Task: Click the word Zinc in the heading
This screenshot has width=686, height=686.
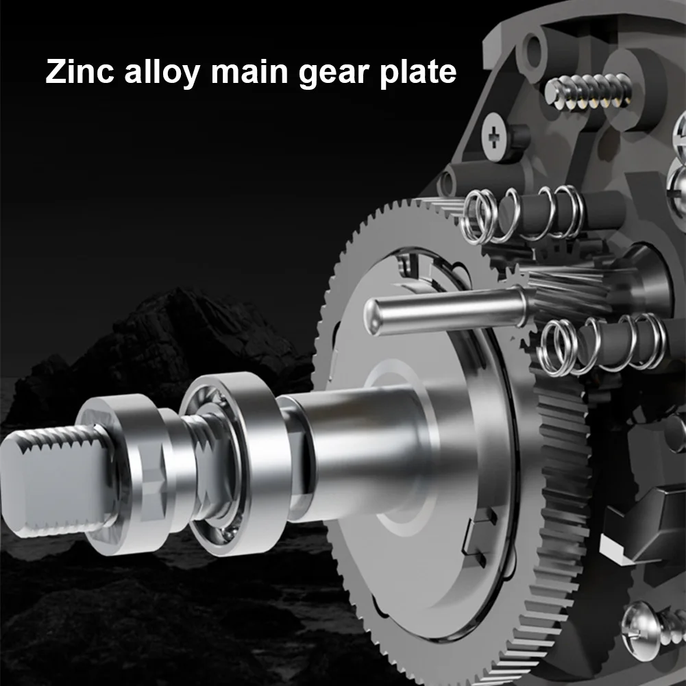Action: [79, 71]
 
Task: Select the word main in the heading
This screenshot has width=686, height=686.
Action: [249, 71]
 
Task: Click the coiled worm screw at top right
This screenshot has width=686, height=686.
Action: [589, 93]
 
